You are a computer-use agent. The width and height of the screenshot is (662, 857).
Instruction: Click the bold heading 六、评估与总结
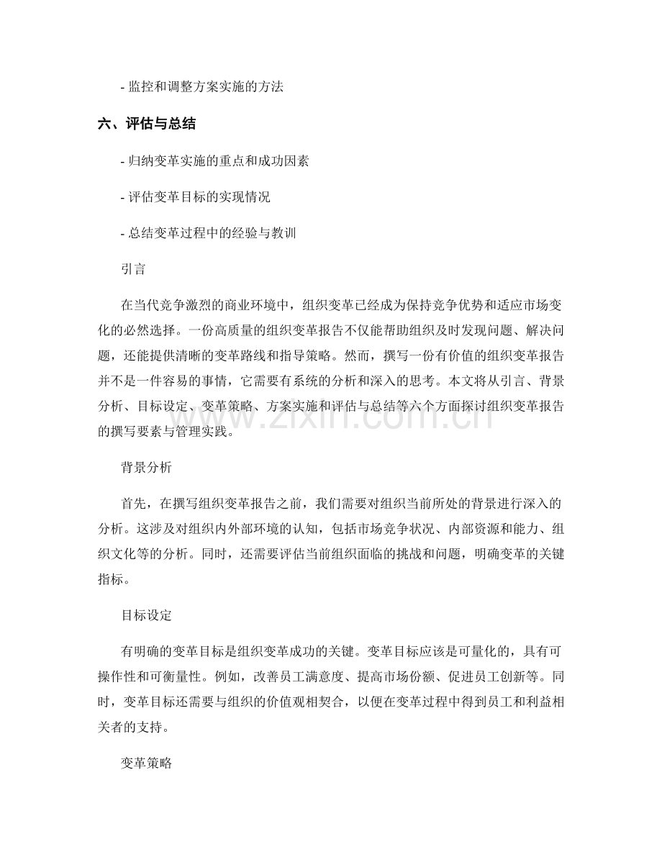(x=147, y=124)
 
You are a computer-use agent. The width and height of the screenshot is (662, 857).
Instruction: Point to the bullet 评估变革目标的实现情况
(x=196, y=198)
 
